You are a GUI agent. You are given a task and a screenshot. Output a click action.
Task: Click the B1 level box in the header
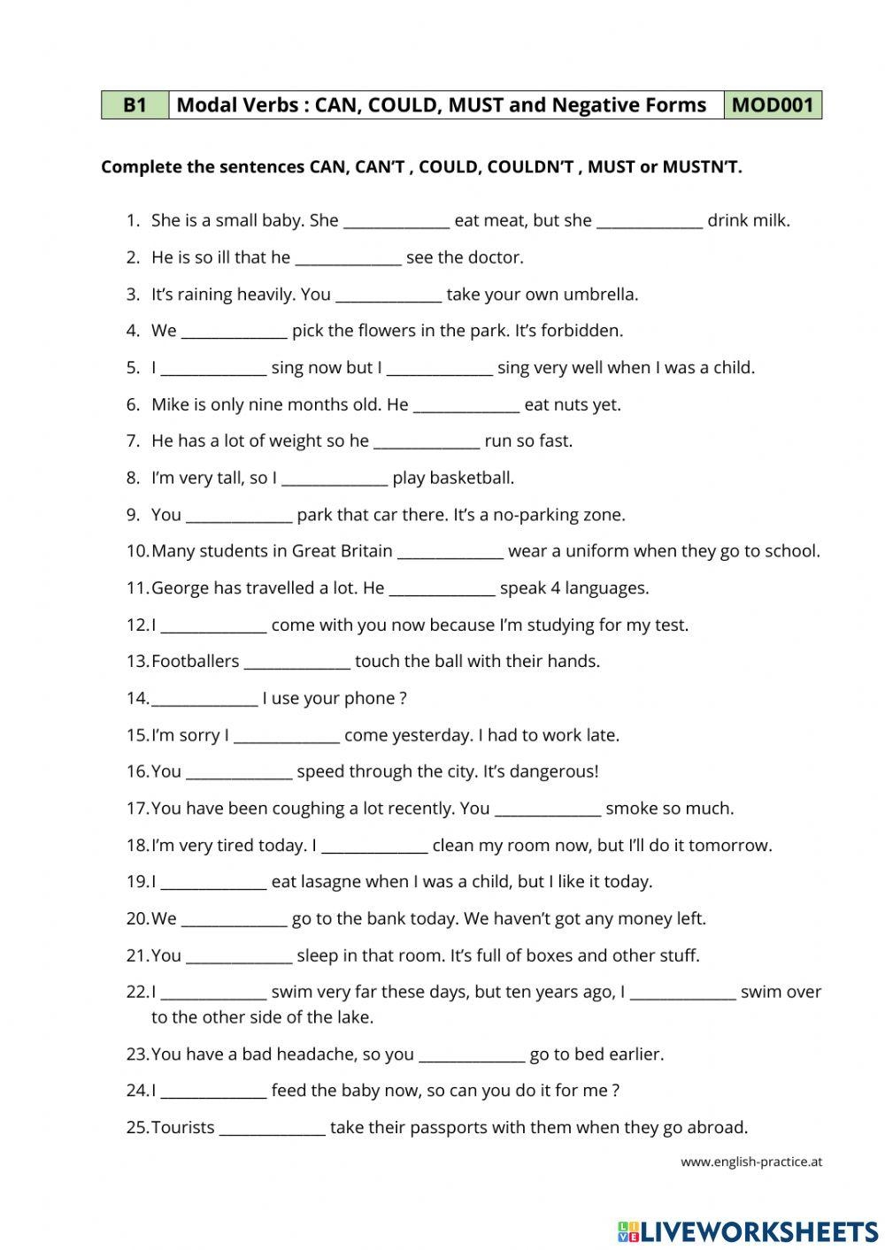point(135,105)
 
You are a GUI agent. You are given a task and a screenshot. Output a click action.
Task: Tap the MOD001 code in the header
point(772,105)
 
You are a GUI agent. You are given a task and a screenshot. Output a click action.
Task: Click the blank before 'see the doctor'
point(348,258)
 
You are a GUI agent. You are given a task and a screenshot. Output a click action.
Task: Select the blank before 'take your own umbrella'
point(389,295)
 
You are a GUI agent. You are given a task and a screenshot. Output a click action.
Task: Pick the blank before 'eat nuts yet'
point(466,405)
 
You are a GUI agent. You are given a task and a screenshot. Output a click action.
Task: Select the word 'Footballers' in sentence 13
point(195,662)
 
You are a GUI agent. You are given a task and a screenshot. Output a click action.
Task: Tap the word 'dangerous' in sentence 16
point(559,771)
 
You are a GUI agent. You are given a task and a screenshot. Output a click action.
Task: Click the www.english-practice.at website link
point(750,1162)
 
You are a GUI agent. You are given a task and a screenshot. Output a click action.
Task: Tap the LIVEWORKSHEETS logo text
point(758,1231)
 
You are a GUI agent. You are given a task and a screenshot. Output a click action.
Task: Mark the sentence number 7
point(133,441)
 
